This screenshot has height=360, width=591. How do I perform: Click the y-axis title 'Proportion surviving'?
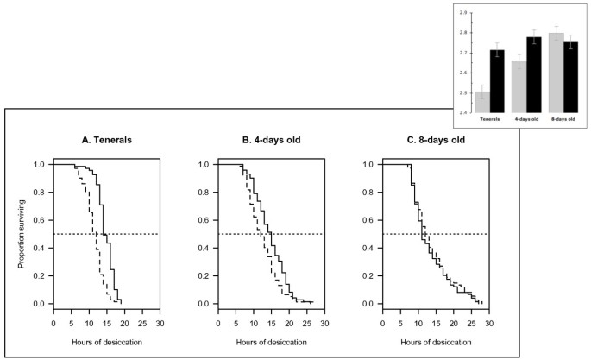[22, 234]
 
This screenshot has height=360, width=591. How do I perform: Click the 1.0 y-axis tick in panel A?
[41, 164]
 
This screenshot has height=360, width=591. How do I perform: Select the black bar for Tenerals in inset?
[496, 81]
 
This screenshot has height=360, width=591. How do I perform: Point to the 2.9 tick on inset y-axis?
[463, 13]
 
